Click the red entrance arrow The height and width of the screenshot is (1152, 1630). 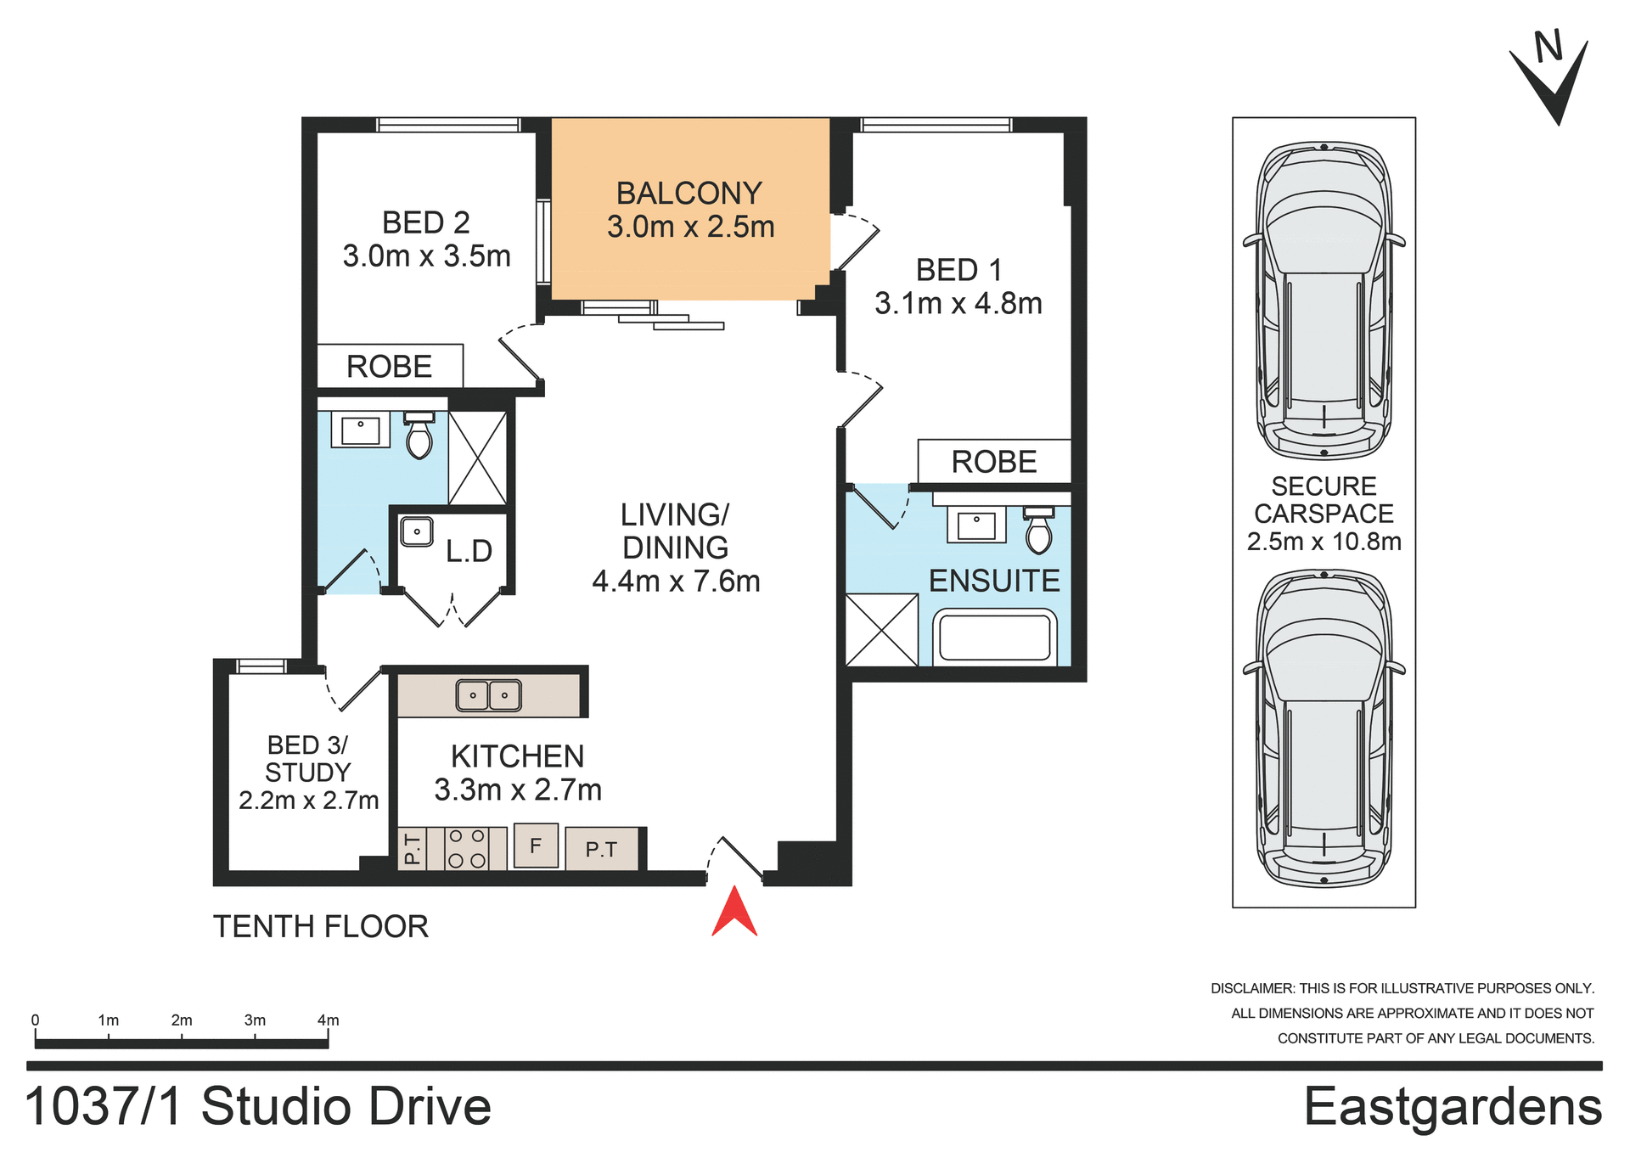734,913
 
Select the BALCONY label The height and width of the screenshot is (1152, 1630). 689,194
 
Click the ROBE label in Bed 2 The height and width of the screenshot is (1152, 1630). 390,367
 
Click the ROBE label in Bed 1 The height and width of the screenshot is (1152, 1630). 994,462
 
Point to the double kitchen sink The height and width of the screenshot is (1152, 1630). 489,695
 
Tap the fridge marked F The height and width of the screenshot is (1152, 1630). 536,846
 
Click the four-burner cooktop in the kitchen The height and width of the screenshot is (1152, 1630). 467,848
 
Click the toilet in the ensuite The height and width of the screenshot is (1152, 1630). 1038,531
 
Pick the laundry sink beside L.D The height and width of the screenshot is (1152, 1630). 417,532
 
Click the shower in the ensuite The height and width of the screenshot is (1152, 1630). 882,630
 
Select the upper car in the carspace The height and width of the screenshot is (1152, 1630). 1324,301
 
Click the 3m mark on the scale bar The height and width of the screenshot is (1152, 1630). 255,1021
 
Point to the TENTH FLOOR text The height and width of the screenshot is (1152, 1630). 321,926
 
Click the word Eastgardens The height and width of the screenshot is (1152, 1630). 1453,1107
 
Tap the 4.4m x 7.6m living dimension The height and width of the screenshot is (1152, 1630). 676,582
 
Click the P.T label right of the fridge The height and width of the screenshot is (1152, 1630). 601,849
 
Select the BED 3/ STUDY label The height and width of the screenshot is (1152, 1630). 308,759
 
